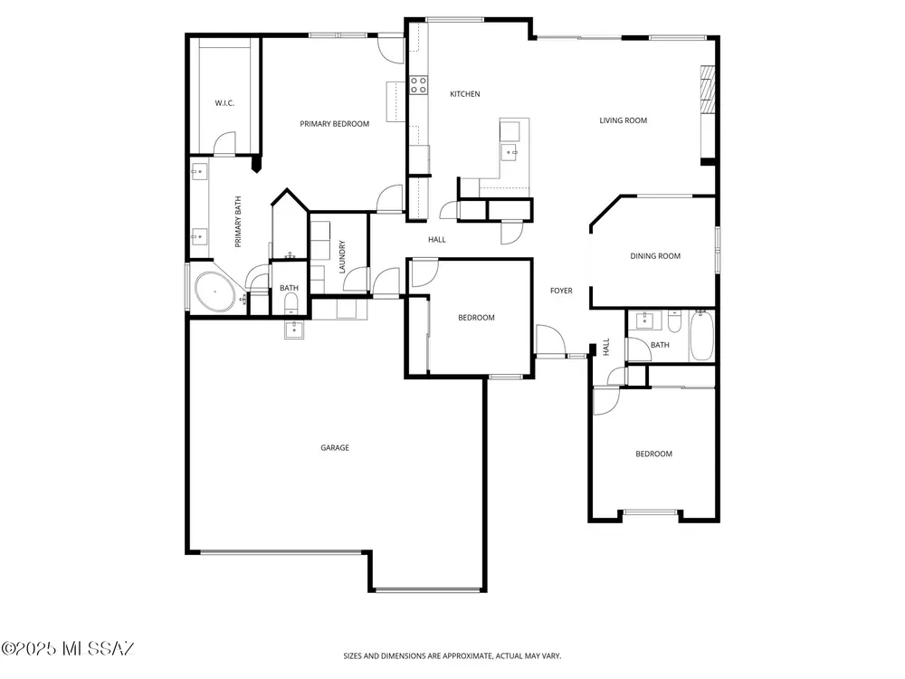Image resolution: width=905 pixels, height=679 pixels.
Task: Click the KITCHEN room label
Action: click(464, 94)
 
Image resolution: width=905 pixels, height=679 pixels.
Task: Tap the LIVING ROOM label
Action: click(623, 120)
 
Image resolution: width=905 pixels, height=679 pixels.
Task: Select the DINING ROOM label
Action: click(655, 256)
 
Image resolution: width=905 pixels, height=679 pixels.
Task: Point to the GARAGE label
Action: click(335, 448)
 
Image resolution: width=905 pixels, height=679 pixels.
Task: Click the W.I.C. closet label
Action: click(224, 103)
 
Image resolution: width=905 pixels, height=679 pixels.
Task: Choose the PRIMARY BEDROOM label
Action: click(334, 124)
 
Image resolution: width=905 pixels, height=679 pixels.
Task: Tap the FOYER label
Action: click(561, 291)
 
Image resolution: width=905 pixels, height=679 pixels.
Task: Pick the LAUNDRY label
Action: click(342, 257)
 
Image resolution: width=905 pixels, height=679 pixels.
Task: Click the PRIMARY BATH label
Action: click(238, 223)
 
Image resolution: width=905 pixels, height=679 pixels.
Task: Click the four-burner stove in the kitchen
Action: click(418, 85)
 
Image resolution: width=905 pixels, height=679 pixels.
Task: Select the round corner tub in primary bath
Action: click(214, 292)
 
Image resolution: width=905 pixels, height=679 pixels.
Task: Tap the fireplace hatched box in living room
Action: click(708, 90)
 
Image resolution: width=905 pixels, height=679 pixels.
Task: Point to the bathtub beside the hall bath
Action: click(702, 336)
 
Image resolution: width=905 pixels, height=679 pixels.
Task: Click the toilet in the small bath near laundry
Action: click(291, 302)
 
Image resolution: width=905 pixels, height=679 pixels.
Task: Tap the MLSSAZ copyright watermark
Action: click(68, 649)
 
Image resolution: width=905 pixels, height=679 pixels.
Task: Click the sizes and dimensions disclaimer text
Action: click(452, 655)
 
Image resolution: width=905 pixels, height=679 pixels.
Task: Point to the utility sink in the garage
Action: click(294, 330)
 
